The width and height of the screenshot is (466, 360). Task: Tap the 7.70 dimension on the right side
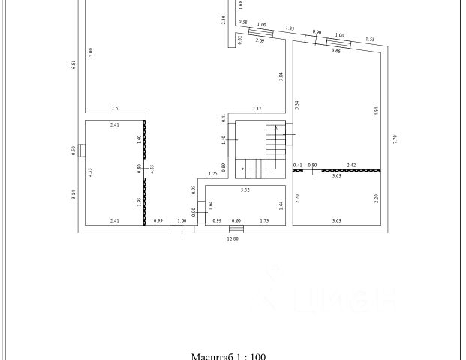(394, 139)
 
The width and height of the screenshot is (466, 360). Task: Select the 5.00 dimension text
(91, 52)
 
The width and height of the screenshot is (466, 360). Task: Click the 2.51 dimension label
(116, 109)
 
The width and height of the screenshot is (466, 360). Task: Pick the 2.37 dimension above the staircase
(257, 109)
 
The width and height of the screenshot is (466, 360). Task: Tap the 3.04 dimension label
(281, 74)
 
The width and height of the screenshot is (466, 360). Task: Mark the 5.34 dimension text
(297, 105)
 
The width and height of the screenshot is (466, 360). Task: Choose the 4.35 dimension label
(90, 171)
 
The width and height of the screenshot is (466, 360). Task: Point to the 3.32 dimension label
(245, 190)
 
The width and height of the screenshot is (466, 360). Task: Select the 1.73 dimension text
(264, 220)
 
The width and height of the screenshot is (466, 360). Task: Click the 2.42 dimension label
(351, 165)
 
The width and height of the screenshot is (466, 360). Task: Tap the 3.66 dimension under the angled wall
(337, 51)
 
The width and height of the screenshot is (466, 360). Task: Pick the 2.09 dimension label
(259, 40)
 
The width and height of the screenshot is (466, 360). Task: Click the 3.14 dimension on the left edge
(73, 196)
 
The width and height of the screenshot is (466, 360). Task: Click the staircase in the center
(260, 150)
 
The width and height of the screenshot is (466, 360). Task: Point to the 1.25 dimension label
(213, 174)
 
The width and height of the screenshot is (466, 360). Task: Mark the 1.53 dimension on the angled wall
(370, 39)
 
